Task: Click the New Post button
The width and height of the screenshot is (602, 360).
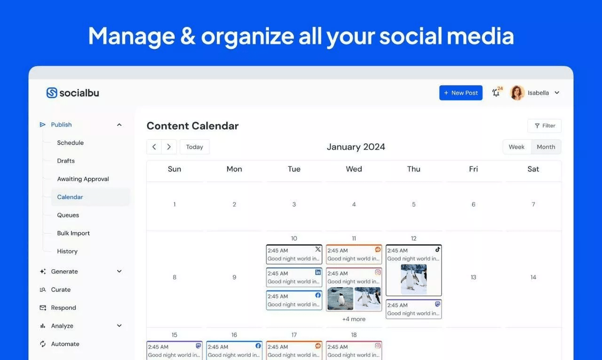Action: pos(460,93)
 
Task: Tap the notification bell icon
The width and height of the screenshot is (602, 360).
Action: pos(496,93)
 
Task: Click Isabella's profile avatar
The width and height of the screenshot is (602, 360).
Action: pos(517,93)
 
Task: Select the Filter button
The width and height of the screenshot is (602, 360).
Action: pos(544,126)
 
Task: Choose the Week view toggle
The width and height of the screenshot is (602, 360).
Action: pos(516,147)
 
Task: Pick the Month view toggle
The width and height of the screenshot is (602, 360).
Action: pos(546,147)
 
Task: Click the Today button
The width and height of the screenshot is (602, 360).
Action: pos(194,147)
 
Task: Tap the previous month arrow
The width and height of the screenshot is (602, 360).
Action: pos(154,147)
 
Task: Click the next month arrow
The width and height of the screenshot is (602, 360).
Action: pos(169,147)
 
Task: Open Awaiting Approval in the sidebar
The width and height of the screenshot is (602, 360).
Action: pos(83,179)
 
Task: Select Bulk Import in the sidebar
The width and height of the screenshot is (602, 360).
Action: pos(73,233)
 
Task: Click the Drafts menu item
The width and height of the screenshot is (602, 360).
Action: pos(66,161)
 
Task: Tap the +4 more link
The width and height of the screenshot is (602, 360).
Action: pos(354,319)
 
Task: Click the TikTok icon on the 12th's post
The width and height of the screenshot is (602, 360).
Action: pos(437,250)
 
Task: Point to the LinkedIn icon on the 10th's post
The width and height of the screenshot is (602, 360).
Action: pos(318,273)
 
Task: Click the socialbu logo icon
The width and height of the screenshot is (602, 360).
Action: pos(52,93)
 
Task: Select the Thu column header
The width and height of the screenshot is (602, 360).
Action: pos(413,169)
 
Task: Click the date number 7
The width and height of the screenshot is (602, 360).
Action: pos(533,204)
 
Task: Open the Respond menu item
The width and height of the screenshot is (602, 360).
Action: pos(63,308)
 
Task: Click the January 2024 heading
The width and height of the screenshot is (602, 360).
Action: pos(356,147)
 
